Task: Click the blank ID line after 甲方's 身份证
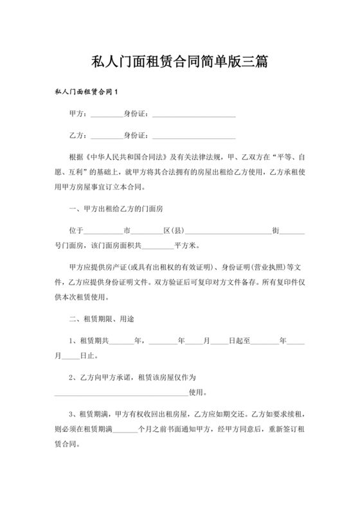[x=193, y=115]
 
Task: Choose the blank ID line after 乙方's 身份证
[x=193, y=137]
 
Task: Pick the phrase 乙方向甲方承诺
[x=104, y=377]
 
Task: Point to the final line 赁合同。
[x=67, y=443]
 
